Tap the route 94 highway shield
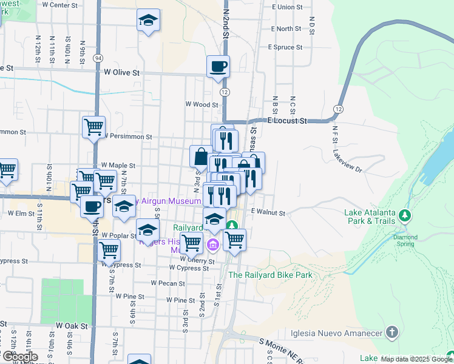click(97, 58)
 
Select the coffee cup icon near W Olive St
click(218, 66)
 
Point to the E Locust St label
click(285, 121)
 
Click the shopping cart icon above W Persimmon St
click(93, 127)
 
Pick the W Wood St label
click(202, 104)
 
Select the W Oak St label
click(72, 326)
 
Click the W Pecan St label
click(167, 283)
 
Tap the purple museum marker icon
click(213, 245)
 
